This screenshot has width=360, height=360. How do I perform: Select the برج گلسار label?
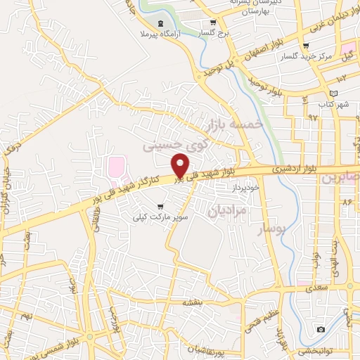tap(214, 33)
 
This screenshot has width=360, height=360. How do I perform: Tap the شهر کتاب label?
tap(334, 104)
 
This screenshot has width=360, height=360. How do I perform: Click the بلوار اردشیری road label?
tap(295, 168)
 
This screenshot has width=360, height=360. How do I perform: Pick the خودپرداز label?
tap(246, 187)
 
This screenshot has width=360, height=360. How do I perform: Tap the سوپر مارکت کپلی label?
tap(161, 218)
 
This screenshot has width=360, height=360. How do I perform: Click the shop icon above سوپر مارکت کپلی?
tap(161, 207)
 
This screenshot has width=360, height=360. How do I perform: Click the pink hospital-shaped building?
tap(115, 169)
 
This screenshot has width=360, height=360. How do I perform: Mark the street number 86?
tap(346, 202)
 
